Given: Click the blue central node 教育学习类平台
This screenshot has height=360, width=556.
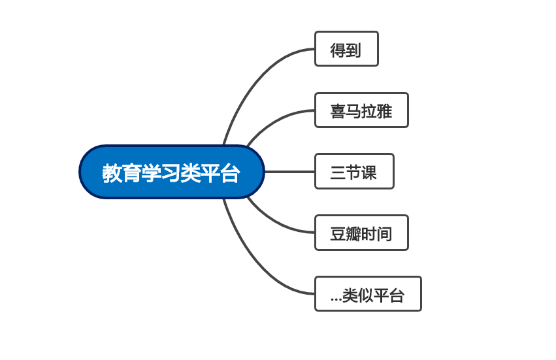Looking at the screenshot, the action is (x=172, y=172).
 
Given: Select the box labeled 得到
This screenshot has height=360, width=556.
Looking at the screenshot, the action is (x=346, y=49).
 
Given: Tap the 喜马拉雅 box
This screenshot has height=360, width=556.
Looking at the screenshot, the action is (x=362, y=110).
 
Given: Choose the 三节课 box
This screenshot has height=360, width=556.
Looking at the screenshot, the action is (x=354, y=171).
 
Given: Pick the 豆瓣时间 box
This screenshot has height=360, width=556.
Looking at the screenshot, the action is (x=362, y=233).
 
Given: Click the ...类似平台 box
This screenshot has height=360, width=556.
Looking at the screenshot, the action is (x=368, y=294).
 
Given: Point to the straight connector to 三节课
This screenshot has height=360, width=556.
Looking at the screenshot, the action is (x=289, y=172).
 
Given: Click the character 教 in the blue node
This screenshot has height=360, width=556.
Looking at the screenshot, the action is (x=112, y=173).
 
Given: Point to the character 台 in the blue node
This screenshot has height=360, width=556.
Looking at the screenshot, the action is (x=230, y=173).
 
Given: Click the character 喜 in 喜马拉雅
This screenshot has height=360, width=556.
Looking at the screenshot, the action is (x=338, y=111).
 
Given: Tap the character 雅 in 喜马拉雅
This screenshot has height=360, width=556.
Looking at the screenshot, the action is (x=384, y=111).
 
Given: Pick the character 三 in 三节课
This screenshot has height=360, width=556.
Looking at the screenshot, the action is (x=338, y=172).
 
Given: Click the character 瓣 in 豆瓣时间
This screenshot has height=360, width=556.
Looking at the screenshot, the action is (x=353, y=234).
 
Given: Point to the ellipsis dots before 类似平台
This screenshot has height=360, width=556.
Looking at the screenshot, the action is (x=336, y=300).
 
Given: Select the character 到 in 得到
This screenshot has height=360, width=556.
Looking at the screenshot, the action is (x=353, y=50).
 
